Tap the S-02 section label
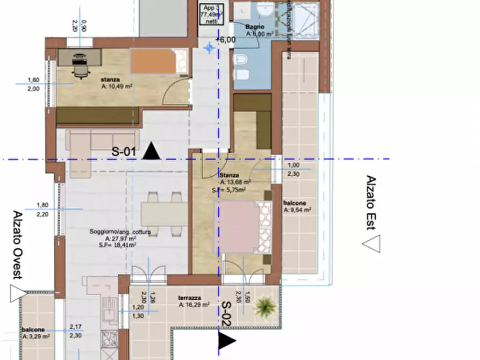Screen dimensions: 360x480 coord(226,314)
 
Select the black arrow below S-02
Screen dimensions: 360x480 coord(226,341)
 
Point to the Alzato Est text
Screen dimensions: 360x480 coord(370,203)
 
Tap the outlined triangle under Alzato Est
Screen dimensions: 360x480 coord(371,244)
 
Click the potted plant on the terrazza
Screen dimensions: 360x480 coord(264,307)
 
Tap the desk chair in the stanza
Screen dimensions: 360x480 coord(80,66)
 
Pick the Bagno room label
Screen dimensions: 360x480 coord(254,27)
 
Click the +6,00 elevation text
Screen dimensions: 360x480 coord(225,40)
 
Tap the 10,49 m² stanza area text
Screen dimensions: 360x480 coord(116,85)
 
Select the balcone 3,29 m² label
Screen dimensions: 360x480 coord(36,333)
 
